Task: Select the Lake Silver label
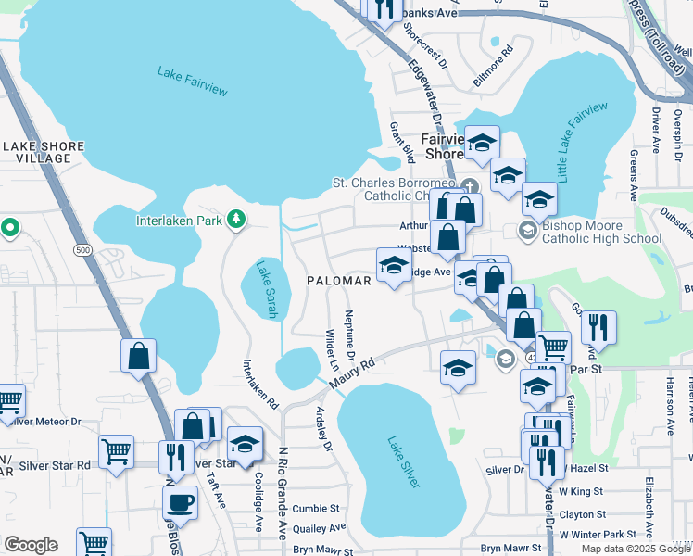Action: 404,462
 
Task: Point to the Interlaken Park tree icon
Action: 237,219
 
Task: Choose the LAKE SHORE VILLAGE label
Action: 43,152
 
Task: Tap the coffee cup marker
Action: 181,503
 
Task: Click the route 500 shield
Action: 83,250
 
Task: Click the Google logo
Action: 31,545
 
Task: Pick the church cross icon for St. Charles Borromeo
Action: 470,183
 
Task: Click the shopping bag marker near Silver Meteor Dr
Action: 138,356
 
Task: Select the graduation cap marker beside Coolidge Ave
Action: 246,445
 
